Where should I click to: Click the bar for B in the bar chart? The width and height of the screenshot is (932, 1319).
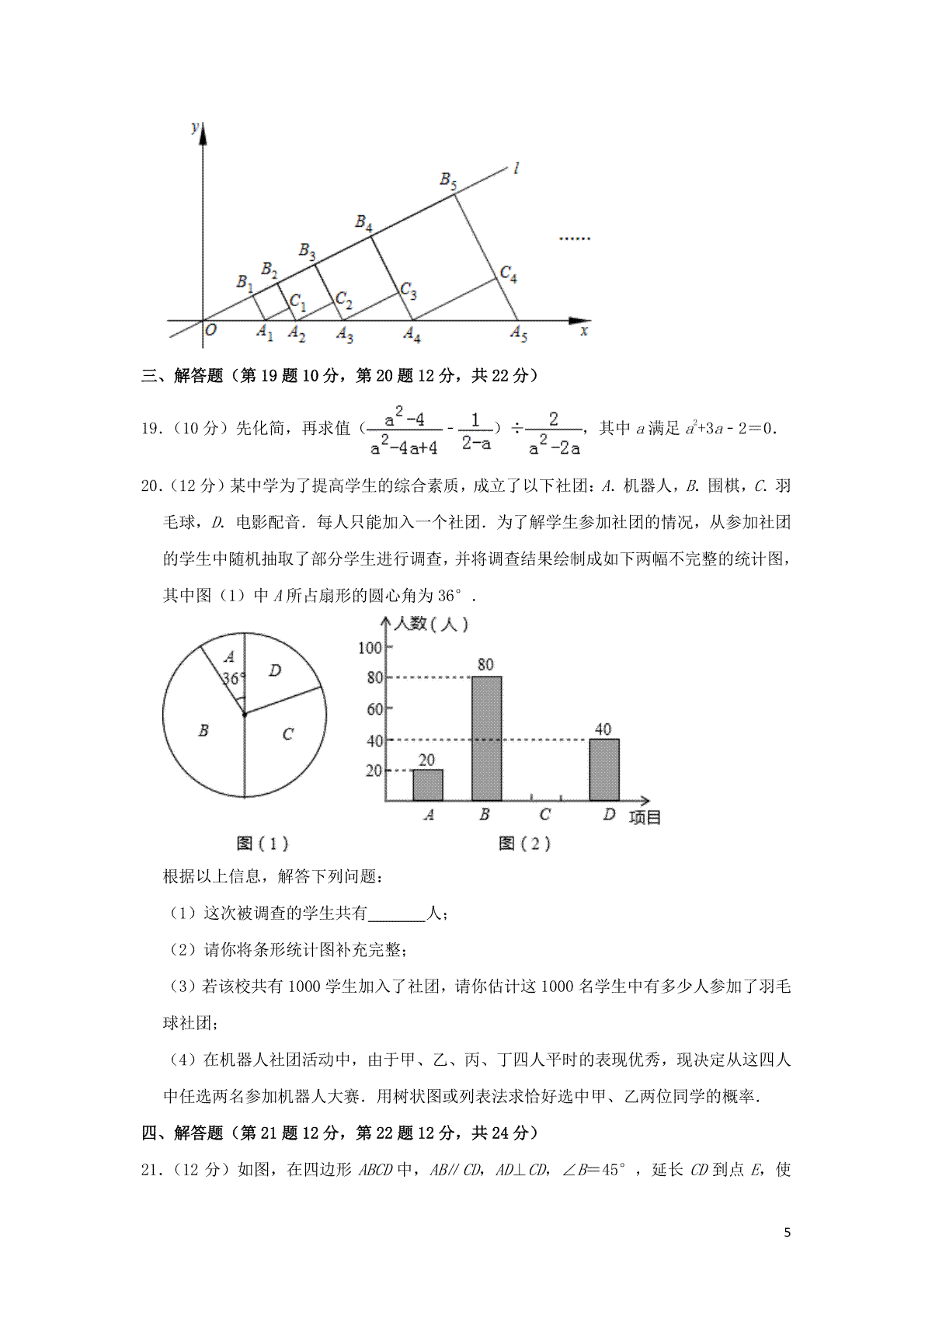[486, 738]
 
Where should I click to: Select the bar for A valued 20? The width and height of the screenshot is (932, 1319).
[427, 785]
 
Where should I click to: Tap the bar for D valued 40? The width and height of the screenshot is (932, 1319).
[604, 769]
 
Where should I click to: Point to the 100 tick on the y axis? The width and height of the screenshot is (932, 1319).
[370, 648]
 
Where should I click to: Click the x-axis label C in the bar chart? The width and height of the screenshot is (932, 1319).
[544, 814]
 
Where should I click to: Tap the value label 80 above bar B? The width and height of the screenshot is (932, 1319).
[485, 665]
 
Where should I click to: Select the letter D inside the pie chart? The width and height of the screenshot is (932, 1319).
[275, 670]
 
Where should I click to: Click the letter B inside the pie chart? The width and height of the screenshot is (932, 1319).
[203, 730]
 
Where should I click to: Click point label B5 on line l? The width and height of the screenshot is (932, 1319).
[448, 180]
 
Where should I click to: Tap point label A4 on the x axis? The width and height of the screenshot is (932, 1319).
[412, 334]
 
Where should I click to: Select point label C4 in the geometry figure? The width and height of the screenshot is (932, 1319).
[509, 273]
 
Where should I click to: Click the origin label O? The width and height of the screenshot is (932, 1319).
[210, 330]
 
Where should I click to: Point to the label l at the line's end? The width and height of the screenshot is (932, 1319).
[516, 167]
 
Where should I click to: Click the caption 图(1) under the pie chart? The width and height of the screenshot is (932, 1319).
[262, 844]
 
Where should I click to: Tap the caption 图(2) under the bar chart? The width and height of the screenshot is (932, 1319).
[524, 844]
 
